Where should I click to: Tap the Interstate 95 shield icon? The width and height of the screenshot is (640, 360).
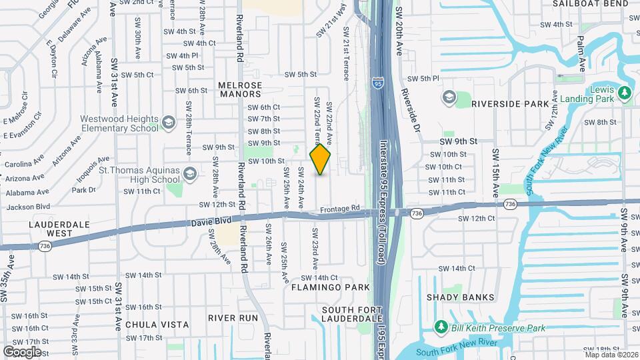(x=378, y=83)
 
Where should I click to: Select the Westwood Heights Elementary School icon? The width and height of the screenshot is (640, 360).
(x=168, y=122)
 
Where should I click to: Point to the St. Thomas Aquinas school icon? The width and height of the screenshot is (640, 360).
(x=190, y=174)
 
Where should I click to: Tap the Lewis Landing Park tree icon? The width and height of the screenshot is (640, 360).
(x=625, y=93)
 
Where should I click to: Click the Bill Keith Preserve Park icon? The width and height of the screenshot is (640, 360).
(x=440, y=327)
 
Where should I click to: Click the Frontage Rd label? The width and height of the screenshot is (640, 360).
(x=339, y=209)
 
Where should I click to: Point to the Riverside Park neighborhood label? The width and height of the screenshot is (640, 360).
(x=510, y=104)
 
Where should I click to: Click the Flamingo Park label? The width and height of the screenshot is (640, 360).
(x=330, y=287)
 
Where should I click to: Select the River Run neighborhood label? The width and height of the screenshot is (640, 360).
(x=232, y=318)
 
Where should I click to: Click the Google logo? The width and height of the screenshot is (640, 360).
(x=22, y=351)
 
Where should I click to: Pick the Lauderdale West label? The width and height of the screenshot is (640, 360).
(x=51, y=229)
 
